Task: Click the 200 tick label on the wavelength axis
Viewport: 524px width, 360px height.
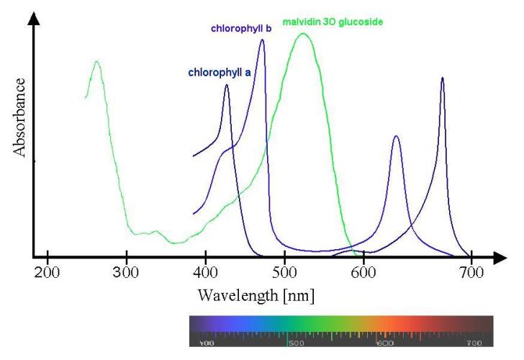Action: click(x=47, y=274)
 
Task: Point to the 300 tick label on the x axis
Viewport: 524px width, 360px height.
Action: click(x=127, y=274)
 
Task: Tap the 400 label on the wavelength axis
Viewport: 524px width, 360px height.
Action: click(x=206, y=274)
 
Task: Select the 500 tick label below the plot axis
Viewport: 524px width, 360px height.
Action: click(x=285, y=274)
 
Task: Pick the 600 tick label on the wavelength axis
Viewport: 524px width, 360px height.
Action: click(x=364, y=274)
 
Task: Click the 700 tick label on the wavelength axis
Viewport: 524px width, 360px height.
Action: click(x=471, y=274)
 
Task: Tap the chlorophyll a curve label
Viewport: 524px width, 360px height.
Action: click(x=219, y=73)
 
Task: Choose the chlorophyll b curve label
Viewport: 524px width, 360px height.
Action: click(x=240, y=29)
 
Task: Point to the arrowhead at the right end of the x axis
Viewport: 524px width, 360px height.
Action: click(x=500, y=256)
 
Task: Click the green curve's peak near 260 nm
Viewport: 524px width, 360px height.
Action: click(x=96, y=62)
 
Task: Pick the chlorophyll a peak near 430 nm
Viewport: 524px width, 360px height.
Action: click(x=227, y=85)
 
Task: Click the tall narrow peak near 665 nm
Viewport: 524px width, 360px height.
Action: click(x=442, y=78)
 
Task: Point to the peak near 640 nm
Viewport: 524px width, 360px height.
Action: click(x=396, y=136)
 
